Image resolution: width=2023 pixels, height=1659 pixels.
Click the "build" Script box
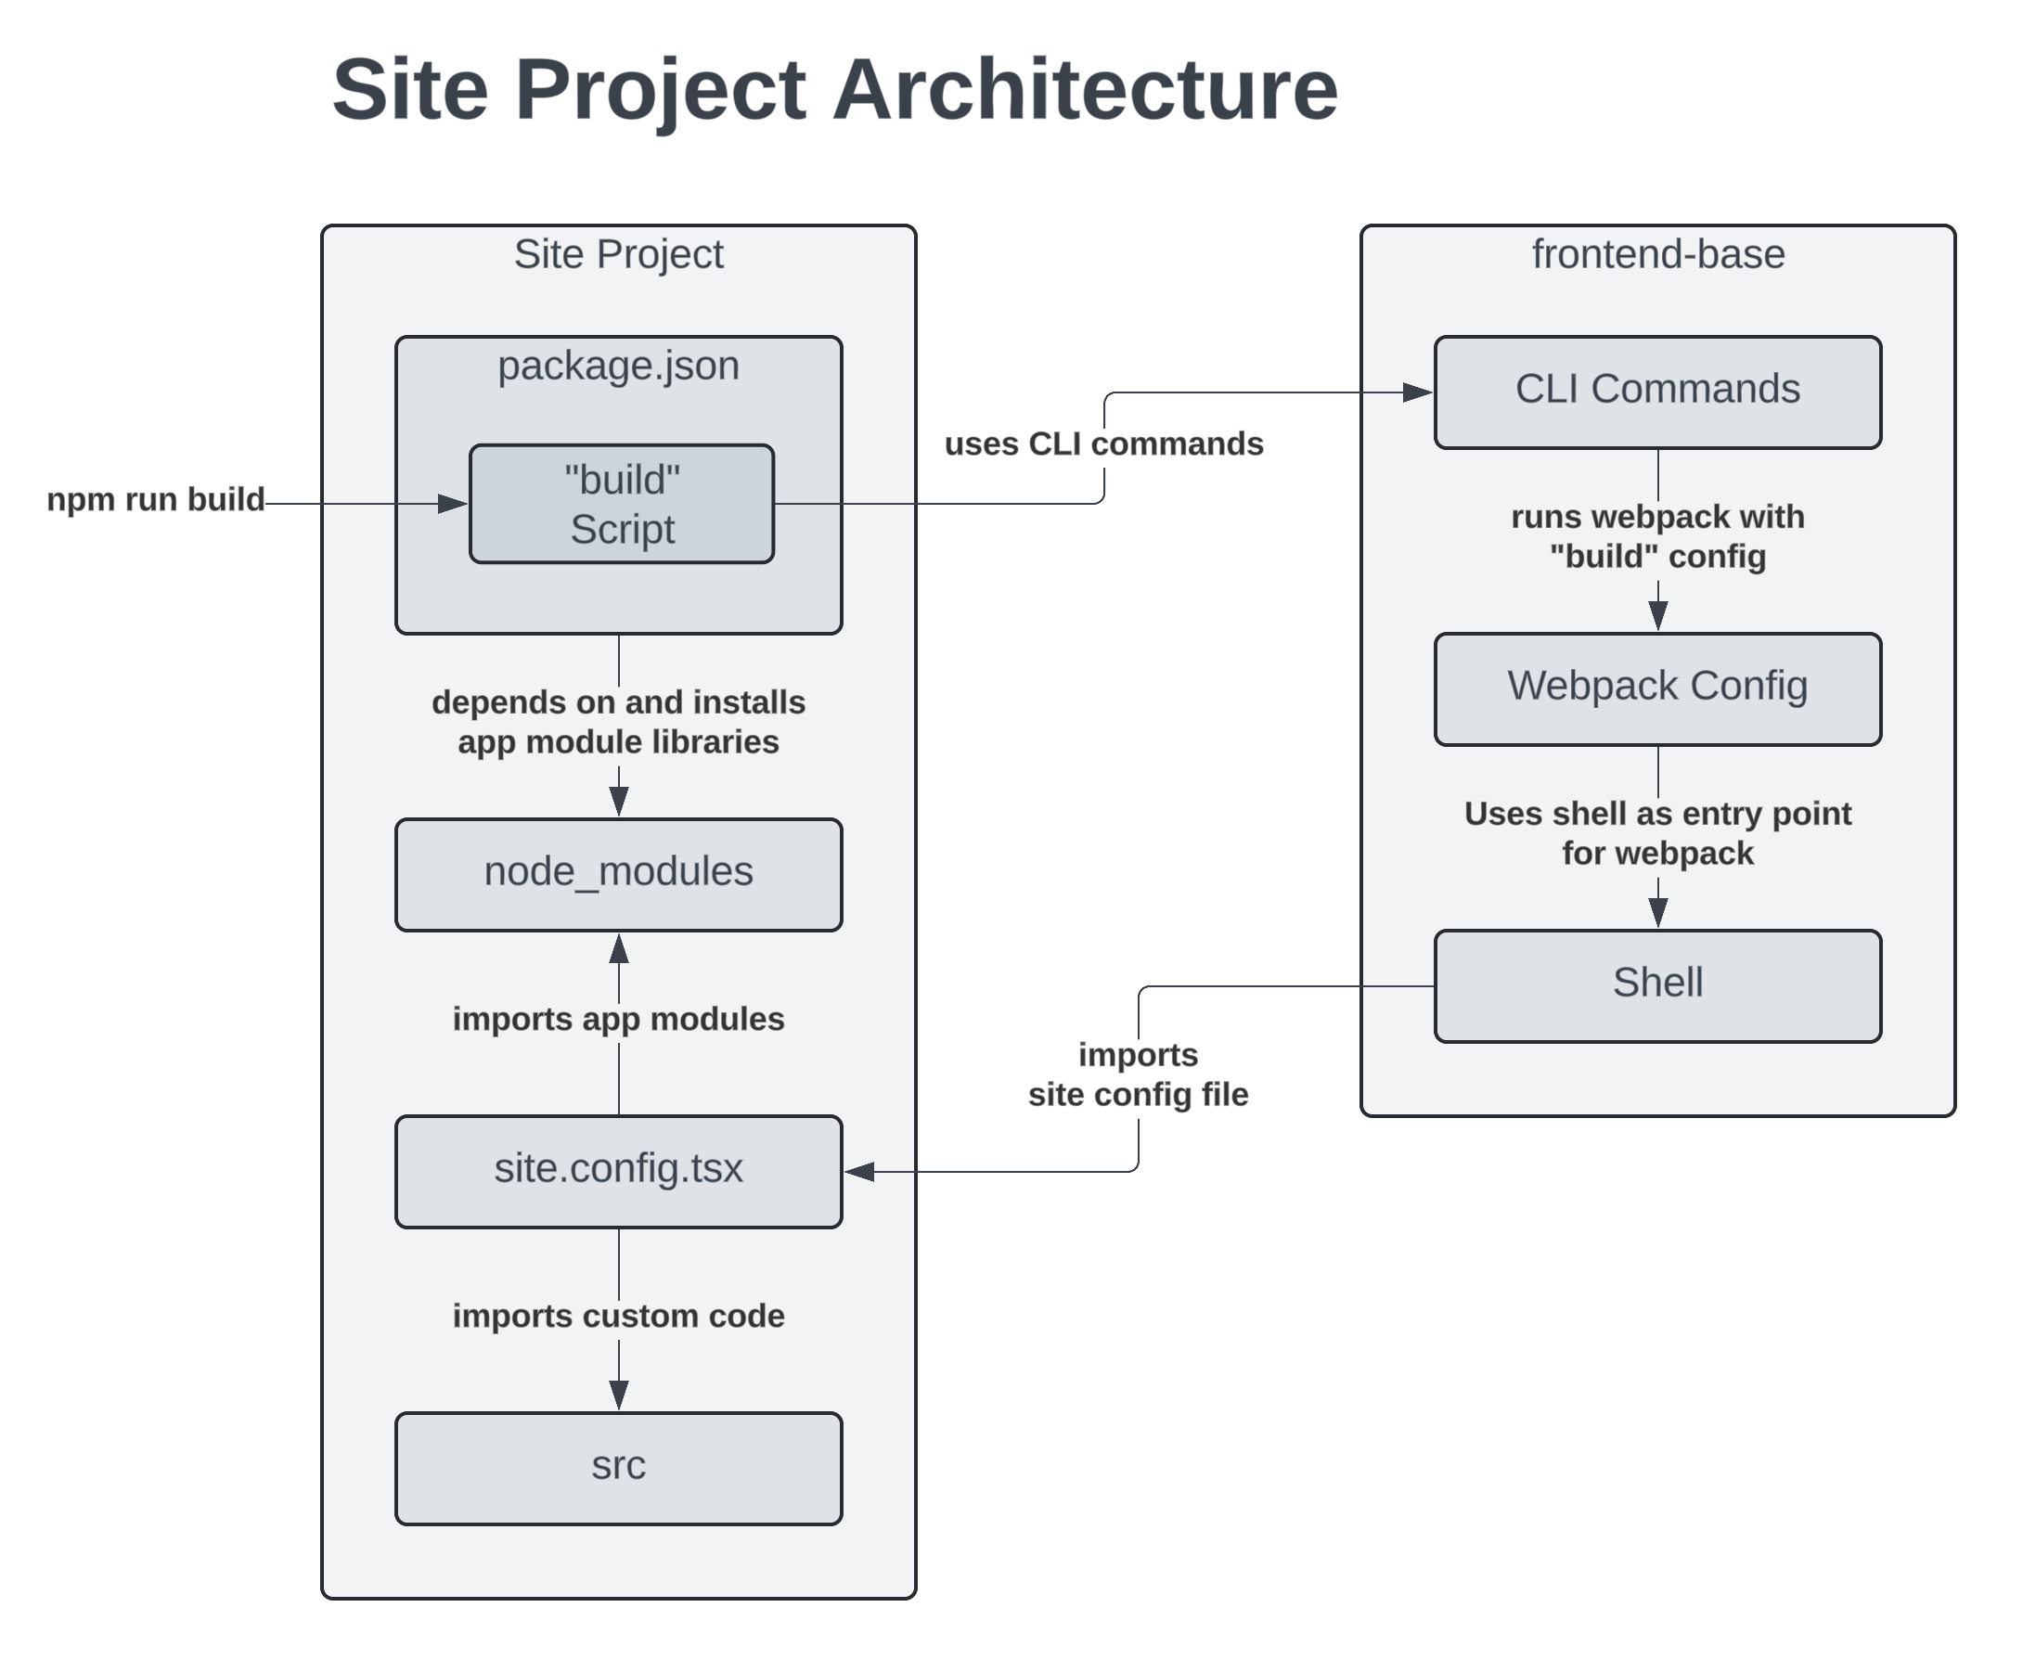(x=621, y=504)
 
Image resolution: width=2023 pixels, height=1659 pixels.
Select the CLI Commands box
(x=1657, y=391)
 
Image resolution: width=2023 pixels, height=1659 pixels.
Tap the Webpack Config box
(x=1657, y=688)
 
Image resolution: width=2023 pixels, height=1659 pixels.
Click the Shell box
(x=1657, y=985)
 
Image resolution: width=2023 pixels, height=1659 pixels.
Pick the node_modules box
(x=618, y=873)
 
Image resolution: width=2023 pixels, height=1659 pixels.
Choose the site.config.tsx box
(x=618, y=1171)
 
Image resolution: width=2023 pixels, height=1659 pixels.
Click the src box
(x=618, y=1468)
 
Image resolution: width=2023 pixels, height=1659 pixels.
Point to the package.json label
(x=618, y=366)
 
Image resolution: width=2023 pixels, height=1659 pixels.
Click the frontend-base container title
(x=1657, y=254)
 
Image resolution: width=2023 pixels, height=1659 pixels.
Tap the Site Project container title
(x=618, y=254)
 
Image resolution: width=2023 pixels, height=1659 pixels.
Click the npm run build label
(x=156, y=500)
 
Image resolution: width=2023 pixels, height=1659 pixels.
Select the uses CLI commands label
(x=1103, y=444)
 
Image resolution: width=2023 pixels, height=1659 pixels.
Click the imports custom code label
(x=618, y=1316)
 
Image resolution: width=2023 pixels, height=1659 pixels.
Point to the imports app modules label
(x=618, y=1019)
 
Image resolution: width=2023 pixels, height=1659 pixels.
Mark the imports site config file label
(x=1137, y=1075)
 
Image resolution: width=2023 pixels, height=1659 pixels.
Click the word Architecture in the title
(x=1085, y=90)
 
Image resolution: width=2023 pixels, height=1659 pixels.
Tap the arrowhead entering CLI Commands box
(x=1417, y=392)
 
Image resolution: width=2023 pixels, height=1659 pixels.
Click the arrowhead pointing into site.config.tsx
(x=860, y=1172)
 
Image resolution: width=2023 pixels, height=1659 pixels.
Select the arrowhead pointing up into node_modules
(x=619, y=949)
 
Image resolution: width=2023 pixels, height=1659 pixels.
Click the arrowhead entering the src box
(x=619, y=1395)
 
